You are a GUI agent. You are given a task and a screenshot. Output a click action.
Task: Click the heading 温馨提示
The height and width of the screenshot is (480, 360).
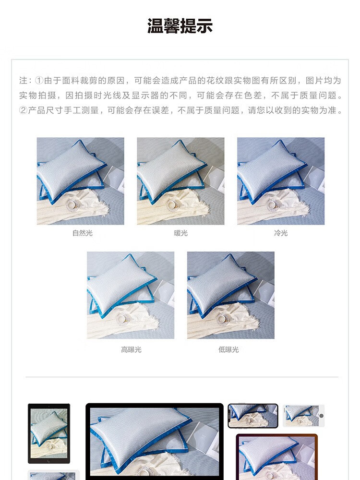[x=180, y=26]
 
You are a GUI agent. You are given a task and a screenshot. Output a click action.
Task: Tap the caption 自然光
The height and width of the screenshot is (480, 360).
[x=83, y=233]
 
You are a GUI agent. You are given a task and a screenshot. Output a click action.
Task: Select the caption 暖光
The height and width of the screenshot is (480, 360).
[x=180, y=233]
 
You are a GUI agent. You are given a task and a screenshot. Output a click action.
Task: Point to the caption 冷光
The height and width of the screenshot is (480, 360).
[x=281, y=233]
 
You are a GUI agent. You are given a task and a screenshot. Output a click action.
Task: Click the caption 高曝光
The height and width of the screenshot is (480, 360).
[x=131, y=349]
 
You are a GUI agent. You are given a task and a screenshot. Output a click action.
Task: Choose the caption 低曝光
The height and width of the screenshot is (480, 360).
[x=228, y=349]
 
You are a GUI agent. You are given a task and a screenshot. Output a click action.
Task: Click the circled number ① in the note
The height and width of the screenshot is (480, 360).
[x=39, y=81]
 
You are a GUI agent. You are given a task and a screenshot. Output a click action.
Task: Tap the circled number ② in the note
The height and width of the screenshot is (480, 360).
[x=23, y=110]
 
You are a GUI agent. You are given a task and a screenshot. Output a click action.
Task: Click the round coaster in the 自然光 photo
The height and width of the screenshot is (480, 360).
[x=73, y=204]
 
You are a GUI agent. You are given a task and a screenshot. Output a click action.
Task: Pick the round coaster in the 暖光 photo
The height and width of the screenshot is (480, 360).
[x=173, y=204]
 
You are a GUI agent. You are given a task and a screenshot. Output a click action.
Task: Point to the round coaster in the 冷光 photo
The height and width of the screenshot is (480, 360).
[x=274, y=204]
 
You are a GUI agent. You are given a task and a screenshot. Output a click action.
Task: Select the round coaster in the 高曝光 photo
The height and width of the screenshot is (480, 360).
[x=123, y=318]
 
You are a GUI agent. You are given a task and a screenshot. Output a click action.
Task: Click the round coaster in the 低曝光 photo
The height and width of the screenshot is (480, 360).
[x=224, y=318]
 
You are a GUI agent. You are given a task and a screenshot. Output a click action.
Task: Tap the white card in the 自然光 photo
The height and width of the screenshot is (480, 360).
[x=116, y=178]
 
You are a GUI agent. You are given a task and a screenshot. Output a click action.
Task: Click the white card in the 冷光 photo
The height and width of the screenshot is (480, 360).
[x=316, y=178]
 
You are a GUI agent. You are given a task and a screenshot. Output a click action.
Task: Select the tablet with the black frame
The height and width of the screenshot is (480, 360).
[x=49, y=433]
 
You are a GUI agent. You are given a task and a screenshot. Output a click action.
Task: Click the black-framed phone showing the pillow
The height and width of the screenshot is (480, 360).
[x=253, y=416]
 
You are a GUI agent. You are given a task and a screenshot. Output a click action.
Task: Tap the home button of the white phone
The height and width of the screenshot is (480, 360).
[x=322, y=416]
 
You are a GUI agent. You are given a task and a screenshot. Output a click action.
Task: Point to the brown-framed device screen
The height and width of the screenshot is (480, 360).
[x=277, y=458]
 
